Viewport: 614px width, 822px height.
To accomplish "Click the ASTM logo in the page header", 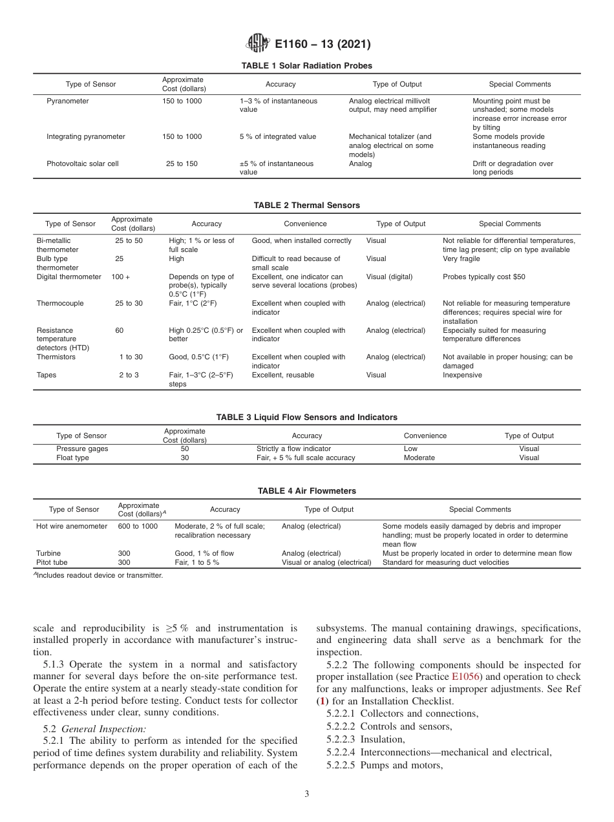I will (x=258, y=44).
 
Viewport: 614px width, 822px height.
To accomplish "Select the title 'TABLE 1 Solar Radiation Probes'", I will (x=306, y=66).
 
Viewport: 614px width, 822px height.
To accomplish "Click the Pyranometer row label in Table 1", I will (x=68, y=101).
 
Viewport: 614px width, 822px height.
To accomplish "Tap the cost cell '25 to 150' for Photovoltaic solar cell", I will (x=182, y=164).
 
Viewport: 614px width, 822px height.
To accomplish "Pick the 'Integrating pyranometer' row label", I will (x=86, y=137).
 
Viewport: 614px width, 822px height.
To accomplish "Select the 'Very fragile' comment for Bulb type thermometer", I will (x=461, y=259).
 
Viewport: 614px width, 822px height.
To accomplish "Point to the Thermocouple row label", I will (x=60, y=304).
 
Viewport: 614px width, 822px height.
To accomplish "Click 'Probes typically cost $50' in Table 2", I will (x=483, y=277).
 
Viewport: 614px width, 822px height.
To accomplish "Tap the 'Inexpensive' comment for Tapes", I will (x=462, y=375).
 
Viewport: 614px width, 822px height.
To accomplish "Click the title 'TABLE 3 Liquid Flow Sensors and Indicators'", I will (x=306, y=417).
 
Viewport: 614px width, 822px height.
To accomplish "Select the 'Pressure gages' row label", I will (x=82, y=448).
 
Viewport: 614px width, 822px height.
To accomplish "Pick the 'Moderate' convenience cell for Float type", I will (x=419, y=458).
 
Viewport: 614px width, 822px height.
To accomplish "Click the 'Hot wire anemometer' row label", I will (x=72, y=527).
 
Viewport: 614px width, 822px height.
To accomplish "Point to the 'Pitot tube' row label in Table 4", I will (x=52, y=563).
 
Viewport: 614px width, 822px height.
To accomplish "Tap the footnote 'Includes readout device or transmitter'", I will (x=100, y=575).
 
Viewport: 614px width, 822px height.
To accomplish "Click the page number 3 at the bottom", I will (x=306, y=794).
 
